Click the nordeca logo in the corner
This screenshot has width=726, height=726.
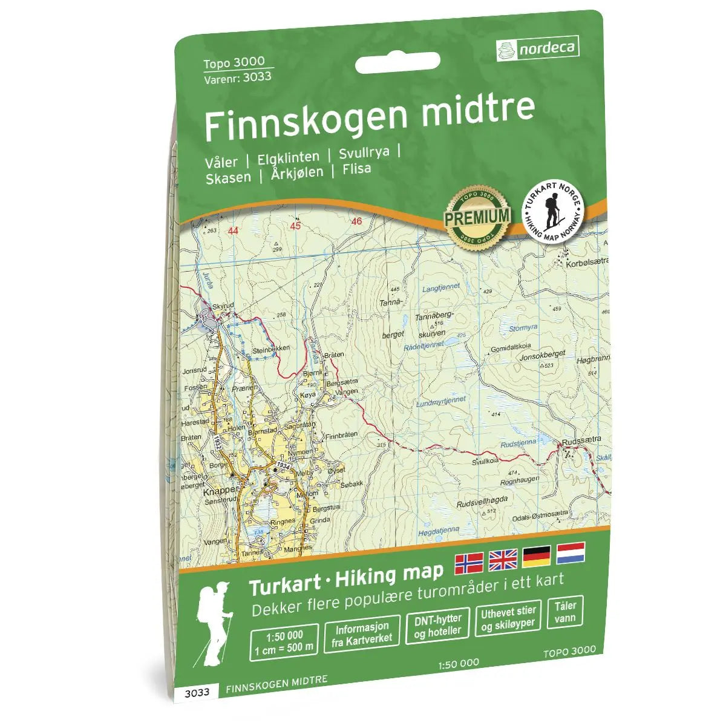pos(537,48)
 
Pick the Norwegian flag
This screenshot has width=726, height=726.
pos(468,563)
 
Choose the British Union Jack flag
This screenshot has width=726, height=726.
pos(503,560)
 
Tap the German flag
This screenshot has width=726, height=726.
pos(537,555)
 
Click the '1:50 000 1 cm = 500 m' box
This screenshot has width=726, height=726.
pos(284,641)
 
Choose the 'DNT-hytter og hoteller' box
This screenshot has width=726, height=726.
pos(437,626)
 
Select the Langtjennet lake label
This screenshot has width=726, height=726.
pos(440,287)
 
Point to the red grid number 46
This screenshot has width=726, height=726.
pos(356,221)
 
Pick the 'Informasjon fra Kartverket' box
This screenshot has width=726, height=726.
pos(362,633)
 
